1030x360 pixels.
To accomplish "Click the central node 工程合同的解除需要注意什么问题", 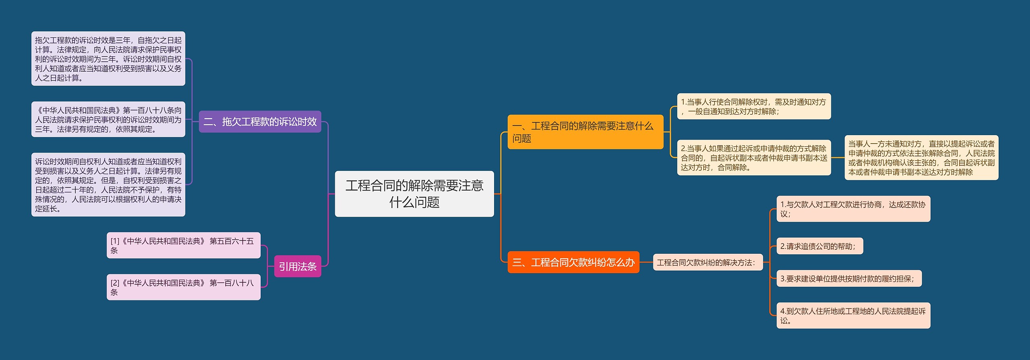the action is pos(414,194).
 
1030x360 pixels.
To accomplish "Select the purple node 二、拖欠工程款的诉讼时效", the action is pos(260,121).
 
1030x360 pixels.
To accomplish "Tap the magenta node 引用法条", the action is pos(297,266).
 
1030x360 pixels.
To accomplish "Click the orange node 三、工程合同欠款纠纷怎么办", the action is pos(573,262).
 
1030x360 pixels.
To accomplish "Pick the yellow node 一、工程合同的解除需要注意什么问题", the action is pos(585,132).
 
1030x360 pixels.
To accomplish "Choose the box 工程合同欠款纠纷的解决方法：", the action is pos(707,262).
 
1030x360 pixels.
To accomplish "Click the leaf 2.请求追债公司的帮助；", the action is pos(819,246).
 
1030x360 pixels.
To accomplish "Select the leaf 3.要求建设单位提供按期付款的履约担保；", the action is pos(849,278).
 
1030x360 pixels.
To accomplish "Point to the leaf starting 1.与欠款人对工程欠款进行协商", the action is pos(853,209).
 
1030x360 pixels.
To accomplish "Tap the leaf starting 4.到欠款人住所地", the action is pos(853,315).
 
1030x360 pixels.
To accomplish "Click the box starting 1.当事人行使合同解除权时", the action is pos(754,107).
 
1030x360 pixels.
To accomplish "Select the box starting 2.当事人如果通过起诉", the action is pos(754,158).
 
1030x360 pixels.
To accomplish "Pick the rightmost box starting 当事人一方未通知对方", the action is pos(921,158).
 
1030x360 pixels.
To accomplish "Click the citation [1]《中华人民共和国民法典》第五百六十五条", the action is pos(183,245).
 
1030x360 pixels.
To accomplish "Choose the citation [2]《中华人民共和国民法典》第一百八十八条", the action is pos(183,287).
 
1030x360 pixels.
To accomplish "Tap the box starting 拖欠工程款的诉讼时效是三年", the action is pos(108,59).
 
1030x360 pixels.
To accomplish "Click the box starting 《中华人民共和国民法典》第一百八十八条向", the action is pos(108,119).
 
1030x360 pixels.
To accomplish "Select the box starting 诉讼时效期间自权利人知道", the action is pos(108,185).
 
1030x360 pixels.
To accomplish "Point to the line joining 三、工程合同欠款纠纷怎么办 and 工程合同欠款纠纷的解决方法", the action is pos(646,262).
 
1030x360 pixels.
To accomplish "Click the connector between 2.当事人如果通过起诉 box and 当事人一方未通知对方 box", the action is pos(838,158).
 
